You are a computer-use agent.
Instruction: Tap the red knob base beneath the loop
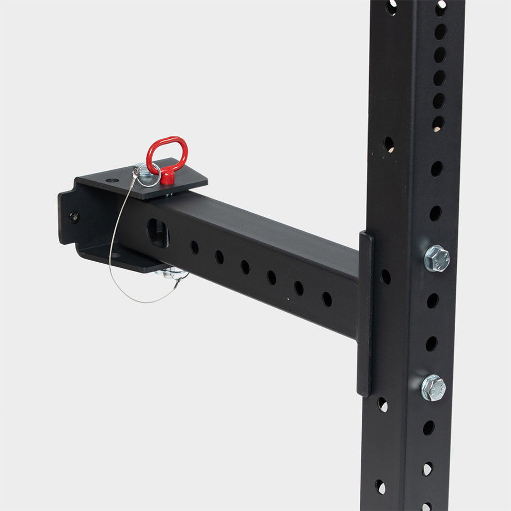[167, 178]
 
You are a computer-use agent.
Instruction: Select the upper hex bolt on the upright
[436, 258]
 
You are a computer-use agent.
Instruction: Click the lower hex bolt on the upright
[433, 387]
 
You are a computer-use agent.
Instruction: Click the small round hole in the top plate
[112, 181]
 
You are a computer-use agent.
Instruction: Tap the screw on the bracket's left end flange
[75, 217]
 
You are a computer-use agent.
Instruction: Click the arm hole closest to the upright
[326, 298]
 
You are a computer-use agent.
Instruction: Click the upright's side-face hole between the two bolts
[385, 277]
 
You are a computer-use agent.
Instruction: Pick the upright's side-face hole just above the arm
[389, 144]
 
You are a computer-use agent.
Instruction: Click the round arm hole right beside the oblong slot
[194, 247]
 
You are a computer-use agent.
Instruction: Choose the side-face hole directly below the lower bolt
[382, 404]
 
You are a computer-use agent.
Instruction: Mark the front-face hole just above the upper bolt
[435, 213]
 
